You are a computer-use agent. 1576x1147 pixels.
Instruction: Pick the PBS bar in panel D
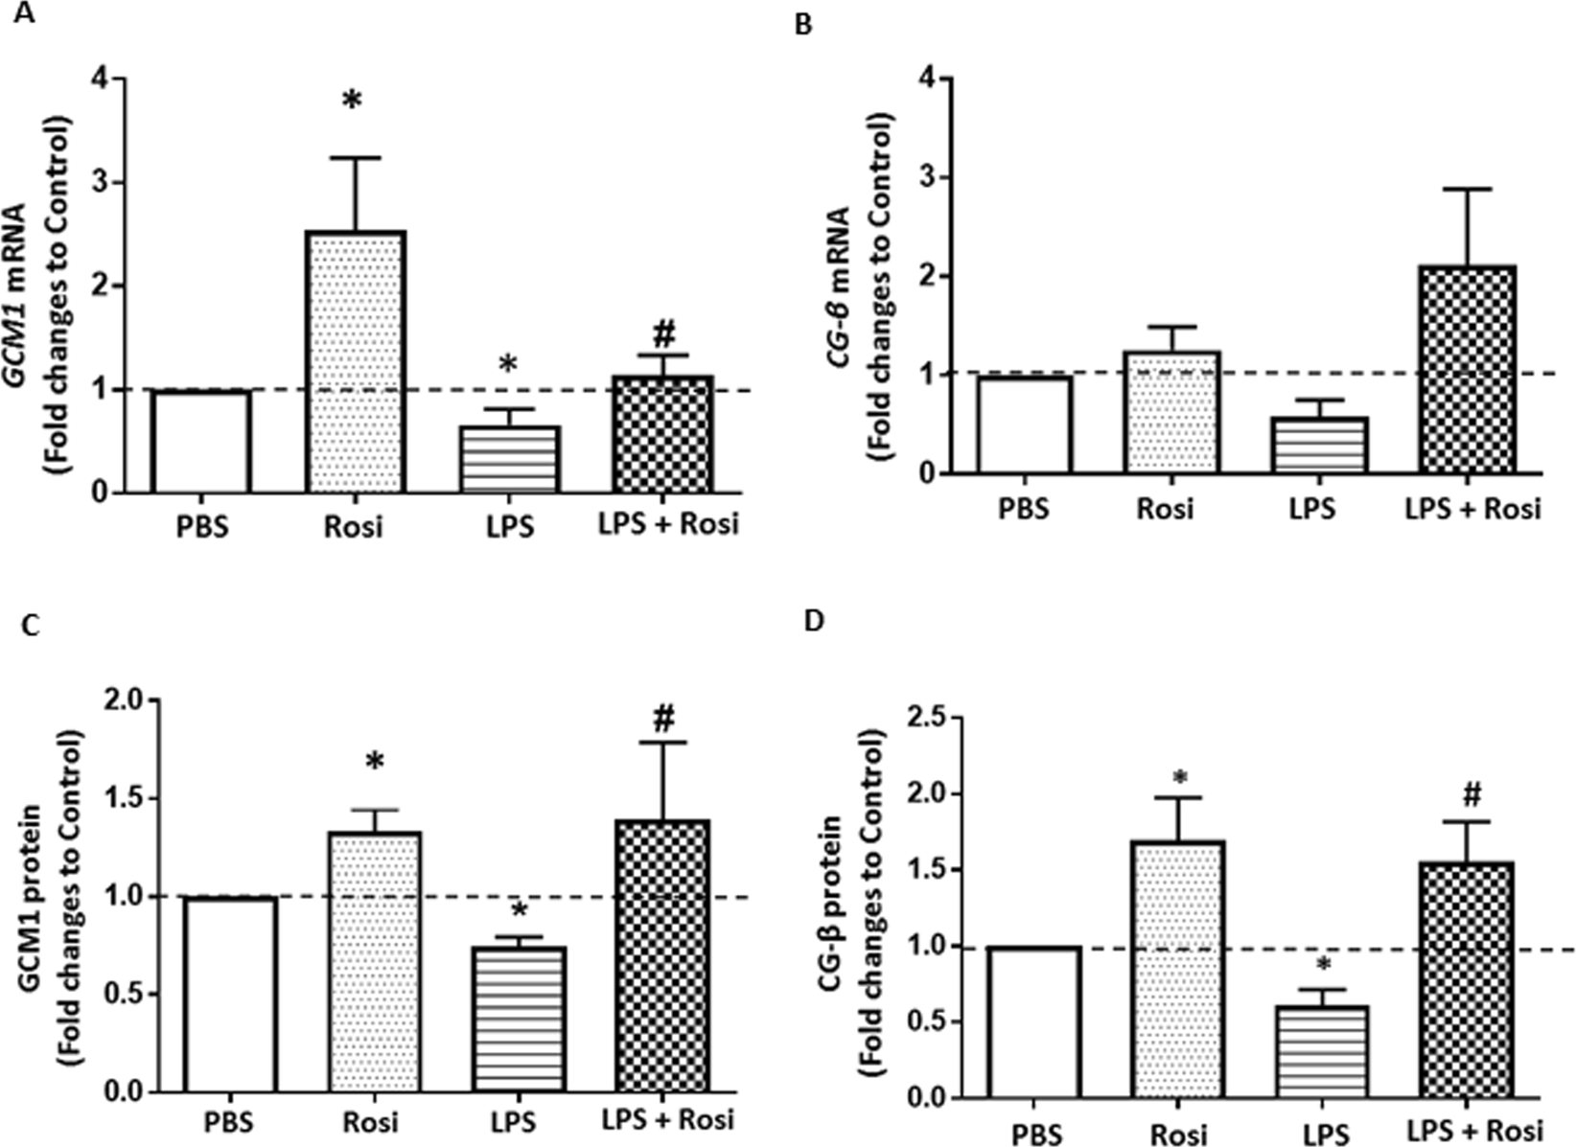[x=1034, y=1021]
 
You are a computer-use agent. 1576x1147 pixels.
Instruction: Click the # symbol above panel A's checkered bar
[x=664, y=333]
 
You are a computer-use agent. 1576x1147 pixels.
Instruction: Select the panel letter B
[x=804, y=25]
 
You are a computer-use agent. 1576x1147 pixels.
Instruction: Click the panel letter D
[x=813, y=620]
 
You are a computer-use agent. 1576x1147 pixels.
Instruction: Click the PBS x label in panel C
[x=229, y=1120]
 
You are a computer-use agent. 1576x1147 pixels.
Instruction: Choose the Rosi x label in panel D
[x=1179, y=1134]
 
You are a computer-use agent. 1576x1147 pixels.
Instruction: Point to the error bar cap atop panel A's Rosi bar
[x=357, y=157]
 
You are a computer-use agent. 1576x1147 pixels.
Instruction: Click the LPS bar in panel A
[x=510, y=460]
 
